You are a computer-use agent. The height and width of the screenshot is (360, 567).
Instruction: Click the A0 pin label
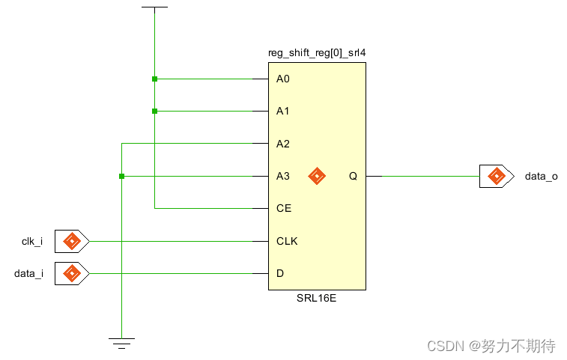coord(282,79)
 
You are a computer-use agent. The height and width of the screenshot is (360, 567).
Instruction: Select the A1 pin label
coord(282,111)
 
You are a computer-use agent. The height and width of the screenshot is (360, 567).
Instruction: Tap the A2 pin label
coord(282,144)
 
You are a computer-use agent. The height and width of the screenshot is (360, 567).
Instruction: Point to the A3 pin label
coord(282,176)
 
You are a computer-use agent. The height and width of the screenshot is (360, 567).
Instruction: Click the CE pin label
coord(283,208)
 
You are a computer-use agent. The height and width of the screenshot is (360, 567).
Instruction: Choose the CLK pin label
coord(286,241)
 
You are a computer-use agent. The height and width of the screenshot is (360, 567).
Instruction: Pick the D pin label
coord(280,273)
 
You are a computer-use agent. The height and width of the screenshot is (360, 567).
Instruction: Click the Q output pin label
coord(353,176)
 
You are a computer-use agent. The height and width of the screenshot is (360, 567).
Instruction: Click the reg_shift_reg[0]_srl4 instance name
coord(317,53)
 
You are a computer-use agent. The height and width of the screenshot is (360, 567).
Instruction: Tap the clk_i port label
coord(32,241)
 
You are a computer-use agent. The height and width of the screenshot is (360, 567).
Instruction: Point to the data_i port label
coord(29,273)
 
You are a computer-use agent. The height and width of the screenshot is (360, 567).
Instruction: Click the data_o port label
coord(541,176)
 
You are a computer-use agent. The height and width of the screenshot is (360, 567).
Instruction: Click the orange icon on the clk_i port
coord(72,241)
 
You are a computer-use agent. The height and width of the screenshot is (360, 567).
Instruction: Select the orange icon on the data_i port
coord(72,273)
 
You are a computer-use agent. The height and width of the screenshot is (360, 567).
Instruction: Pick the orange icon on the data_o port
coord(496,176)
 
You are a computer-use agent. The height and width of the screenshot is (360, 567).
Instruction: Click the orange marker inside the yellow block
coord(317,176)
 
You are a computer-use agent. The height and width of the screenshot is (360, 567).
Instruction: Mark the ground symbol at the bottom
coord(121,343)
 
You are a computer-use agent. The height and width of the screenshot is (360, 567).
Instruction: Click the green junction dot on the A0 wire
coord(154,79)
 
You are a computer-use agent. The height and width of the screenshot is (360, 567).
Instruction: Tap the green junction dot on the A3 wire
coord(121,176)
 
